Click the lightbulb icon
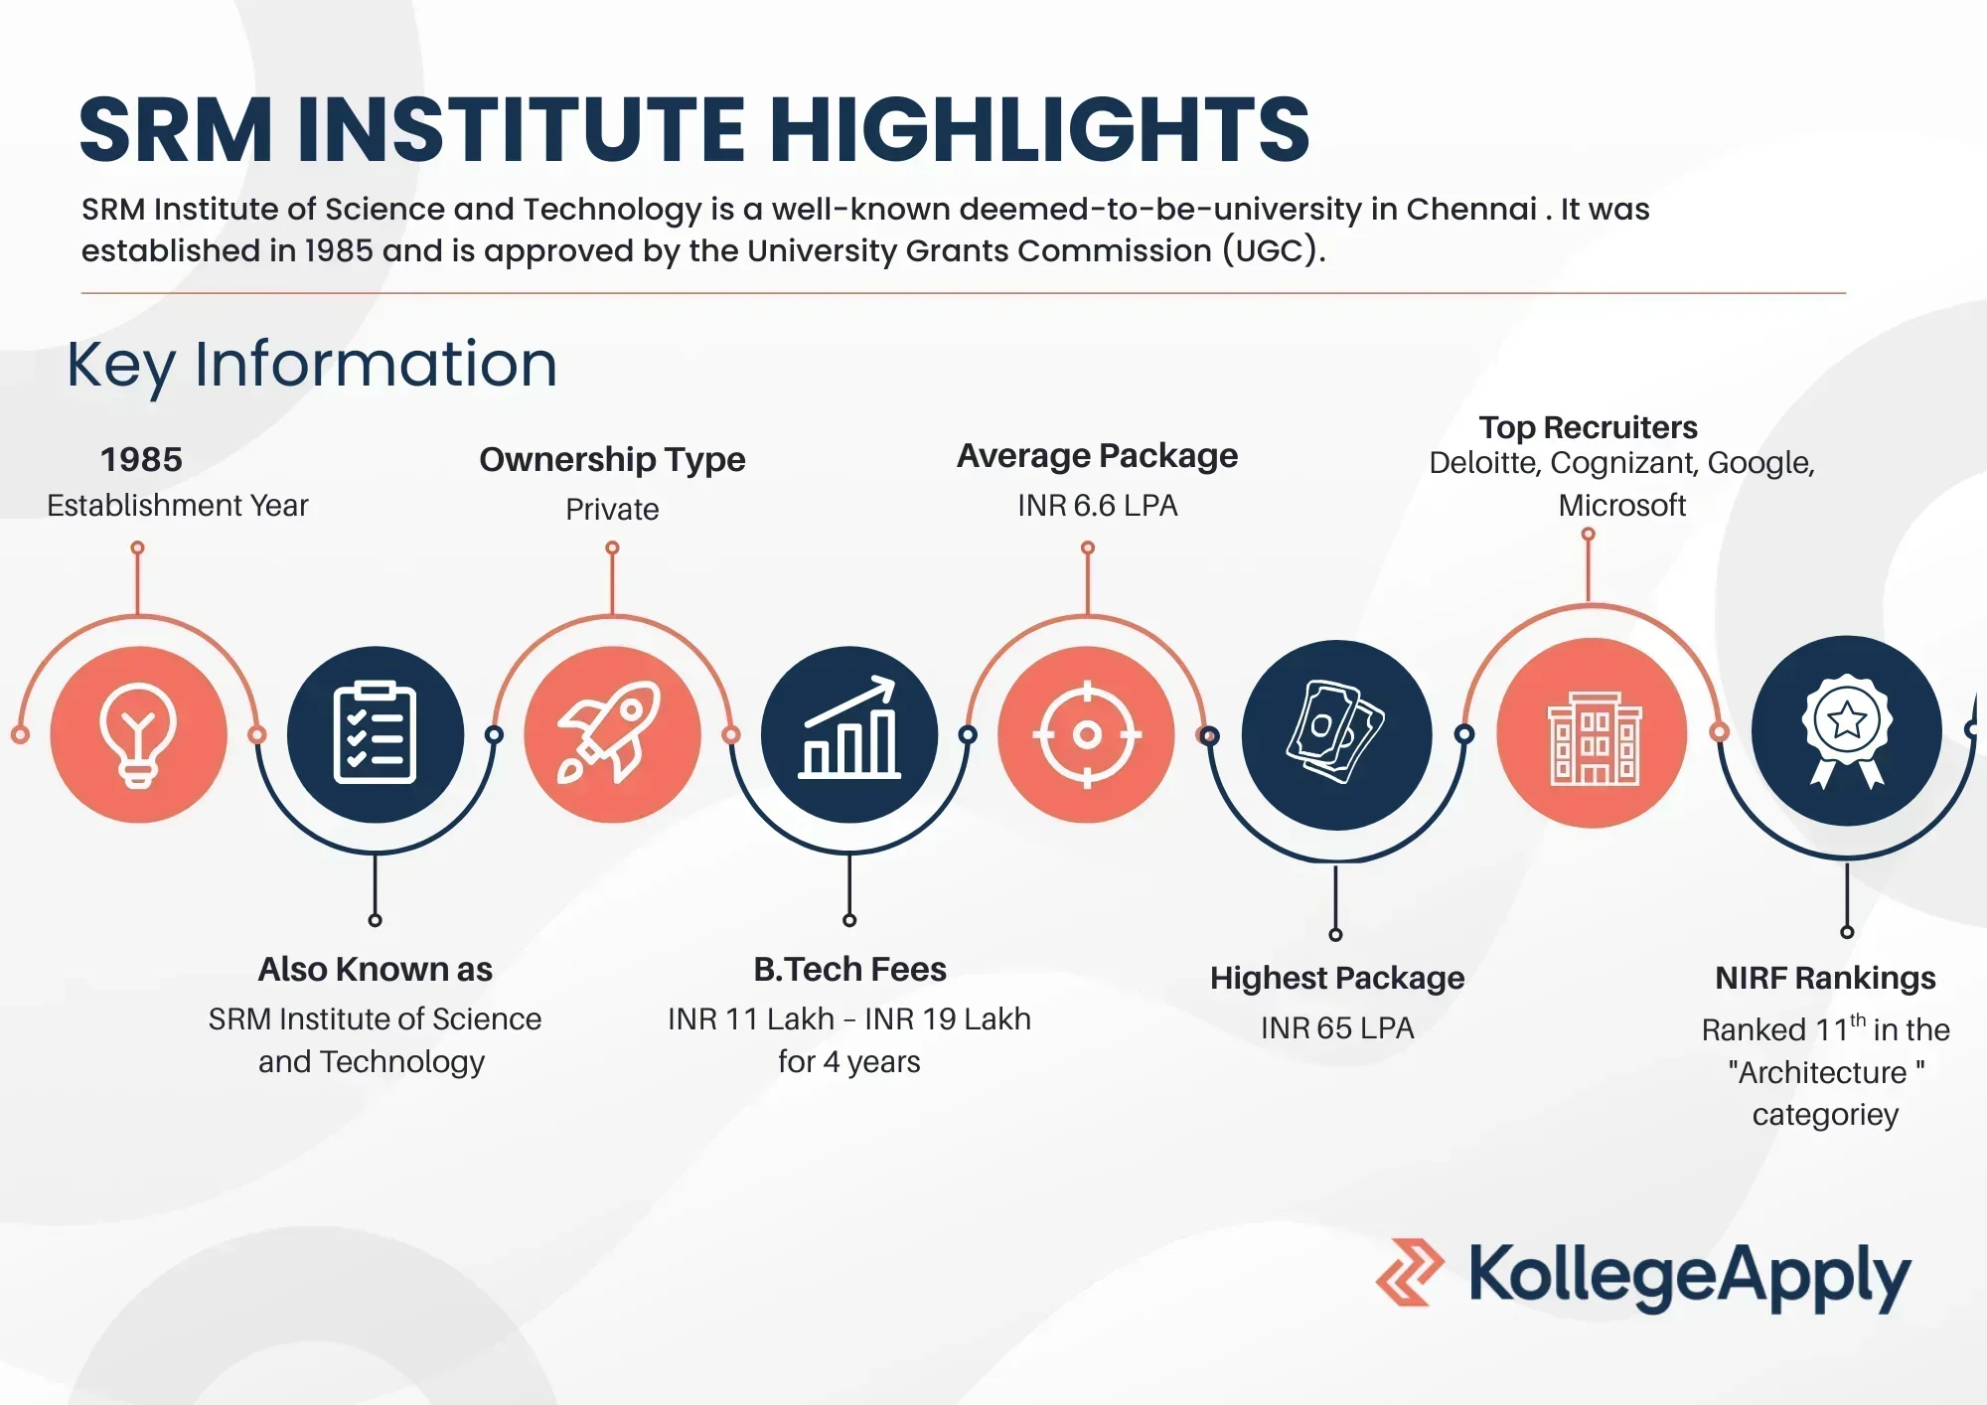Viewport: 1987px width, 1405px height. (x=138, y=735)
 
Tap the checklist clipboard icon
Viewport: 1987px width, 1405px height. (x=375, y=734)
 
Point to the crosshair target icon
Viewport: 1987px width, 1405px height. (x=1087, y=735)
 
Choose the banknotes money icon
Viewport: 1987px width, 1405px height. (x=1336, y=733)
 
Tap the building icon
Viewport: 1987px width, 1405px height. (x=1593, y=737)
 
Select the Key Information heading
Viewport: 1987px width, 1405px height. (x=312, y=365)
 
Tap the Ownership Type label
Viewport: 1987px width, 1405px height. (x=612, y=459)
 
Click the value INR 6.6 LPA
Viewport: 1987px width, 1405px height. (x=1097, y=506)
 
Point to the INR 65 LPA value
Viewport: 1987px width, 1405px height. (x=1336, y=1027)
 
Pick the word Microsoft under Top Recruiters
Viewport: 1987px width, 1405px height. (x=1621, y=506)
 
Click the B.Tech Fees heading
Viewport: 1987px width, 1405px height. (x=849, y=969)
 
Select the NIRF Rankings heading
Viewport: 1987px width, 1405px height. (x=1825, y=978)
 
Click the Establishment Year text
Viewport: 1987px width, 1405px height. (x=178, y=506)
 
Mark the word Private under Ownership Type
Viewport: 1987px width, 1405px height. (x=612, y=510)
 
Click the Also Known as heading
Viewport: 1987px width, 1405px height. (x=375, y=969)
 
